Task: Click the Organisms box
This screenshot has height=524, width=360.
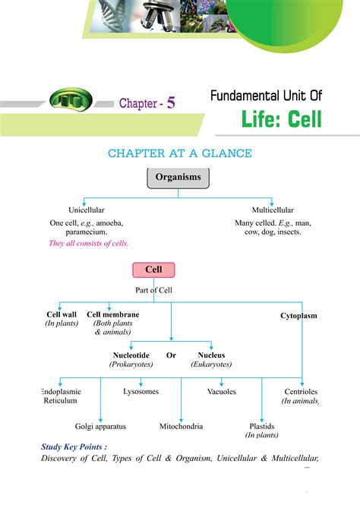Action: (x=178, y=178)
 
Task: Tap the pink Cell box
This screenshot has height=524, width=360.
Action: (x=153, y=270)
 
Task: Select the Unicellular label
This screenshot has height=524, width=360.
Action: (x=87, y=210)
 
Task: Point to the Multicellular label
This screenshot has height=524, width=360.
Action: (x=273, y=210)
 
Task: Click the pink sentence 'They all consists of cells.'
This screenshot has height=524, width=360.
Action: (x=88, y=243)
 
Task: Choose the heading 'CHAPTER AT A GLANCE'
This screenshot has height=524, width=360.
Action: (x=179, y=153)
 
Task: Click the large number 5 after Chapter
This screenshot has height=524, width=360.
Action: (x=171, y=103)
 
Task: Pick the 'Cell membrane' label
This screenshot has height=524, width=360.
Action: (x=112, y=314)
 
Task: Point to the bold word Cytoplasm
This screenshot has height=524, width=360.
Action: (x=298, y=315)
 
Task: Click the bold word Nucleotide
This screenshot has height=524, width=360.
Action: (x=131, y=355)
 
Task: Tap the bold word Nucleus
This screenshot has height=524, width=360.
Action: (x=211, y=355)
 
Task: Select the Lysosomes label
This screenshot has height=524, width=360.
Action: (x=141, y=392)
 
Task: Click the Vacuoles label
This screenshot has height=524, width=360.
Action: (x=222, y=392)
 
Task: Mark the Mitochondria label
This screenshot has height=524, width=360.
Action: (x=181, y=426)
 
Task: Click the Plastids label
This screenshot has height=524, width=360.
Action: (x=262, y=426)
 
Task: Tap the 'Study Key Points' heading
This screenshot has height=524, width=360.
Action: (x=74, y=447)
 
